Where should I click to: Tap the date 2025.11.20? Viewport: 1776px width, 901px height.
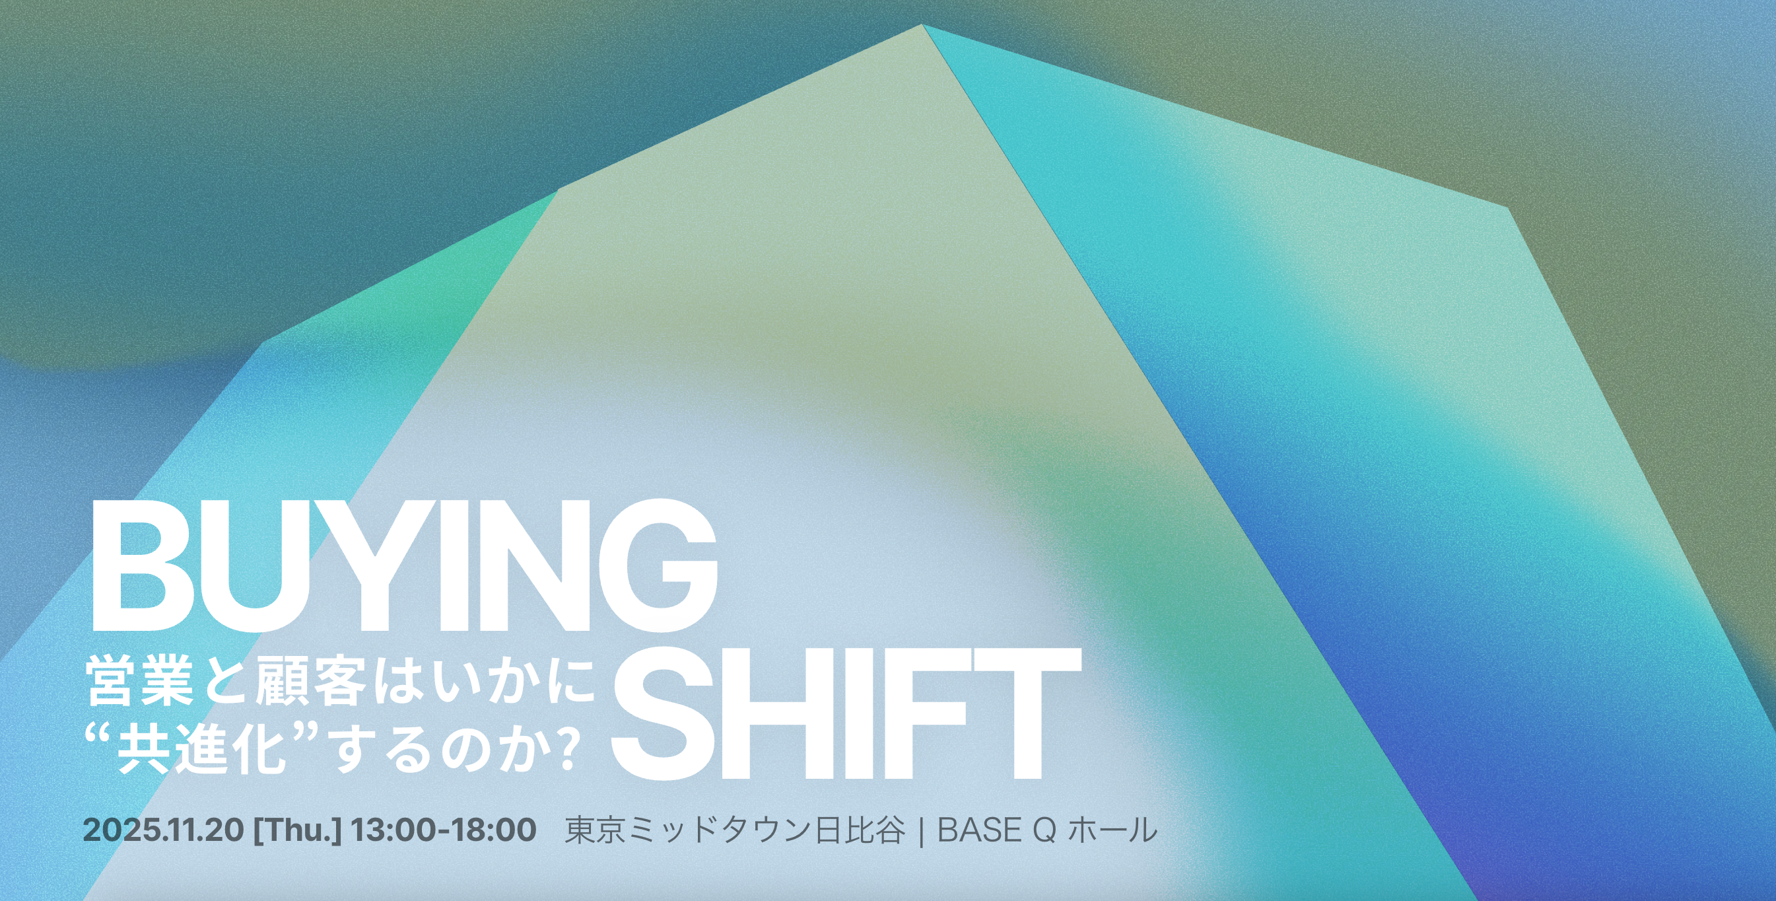(162, 830)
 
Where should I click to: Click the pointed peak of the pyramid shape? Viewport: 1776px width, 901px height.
(922, 26)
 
